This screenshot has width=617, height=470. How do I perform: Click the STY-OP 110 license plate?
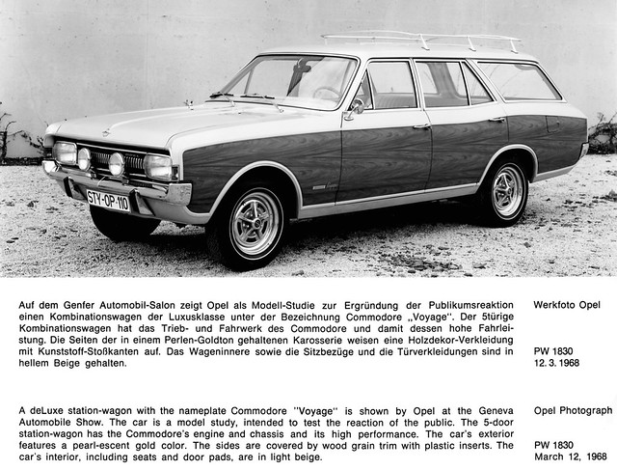coord(109,200)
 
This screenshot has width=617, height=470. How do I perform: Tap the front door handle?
coord(421,126)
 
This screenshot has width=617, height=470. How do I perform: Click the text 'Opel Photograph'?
coord(573,410)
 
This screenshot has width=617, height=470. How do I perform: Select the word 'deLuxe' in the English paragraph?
coord(49,409)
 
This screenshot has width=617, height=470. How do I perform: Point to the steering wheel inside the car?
coord(329,94)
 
